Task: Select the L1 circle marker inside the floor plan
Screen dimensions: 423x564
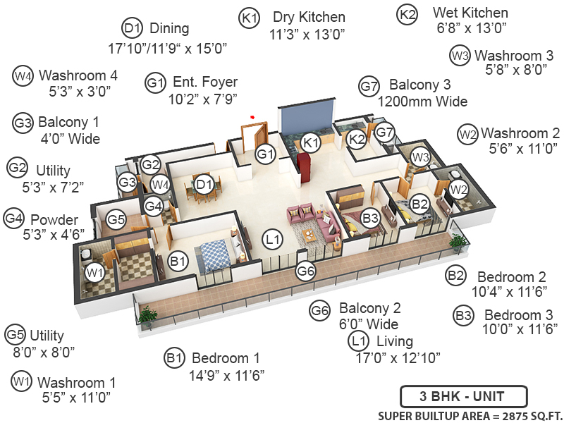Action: (x=274, y=240)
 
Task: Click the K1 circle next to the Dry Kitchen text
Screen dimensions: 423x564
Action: (x=250, y=18)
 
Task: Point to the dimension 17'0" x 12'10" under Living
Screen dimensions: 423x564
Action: (x=398, y=357)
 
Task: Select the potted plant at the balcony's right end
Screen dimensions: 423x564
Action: (x=459, y=242)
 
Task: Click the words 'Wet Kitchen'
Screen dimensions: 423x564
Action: (x=470, y=13)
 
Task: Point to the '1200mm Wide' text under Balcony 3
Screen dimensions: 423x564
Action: (x=422, y=102)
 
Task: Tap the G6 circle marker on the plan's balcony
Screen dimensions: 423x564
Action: (x=306, y=271)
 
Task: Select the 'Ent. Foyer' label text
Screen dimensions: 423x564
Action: (x=205, y=82)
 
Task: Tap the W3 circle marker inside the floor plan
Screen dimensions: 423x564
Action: (x=421, y=157)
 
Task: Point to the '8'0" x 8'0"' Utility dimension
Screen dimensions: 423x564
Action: (x=40, y=350)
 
